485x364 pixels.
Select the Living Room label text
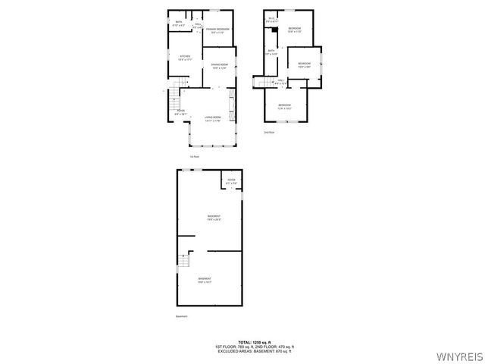click(212, 118)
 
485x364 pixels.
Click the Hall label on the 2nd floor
click(280, 80)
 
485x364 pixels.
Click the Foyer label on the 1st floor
click(180, 111)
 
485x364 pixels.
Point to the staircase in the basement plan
click(183, 263)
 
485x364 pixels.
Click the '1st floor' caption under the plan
click(195, 156)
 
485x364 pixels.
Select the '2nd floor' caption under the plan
click(268, 132)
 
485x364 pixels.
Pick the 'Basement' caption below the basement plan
click(181, 316)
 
